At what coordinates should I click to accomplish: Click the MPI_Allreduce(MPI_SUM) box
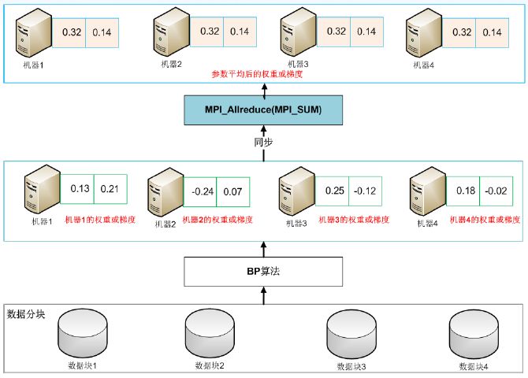[263, 109]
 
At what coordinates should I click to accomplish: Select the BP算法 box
[263, 271]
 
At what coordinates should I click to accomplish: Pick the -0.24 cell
[203, 191]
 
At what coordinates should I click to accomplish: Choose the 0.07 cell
[232, 191]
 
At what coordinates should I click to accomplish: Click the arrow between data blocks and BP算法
[263, 295]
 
